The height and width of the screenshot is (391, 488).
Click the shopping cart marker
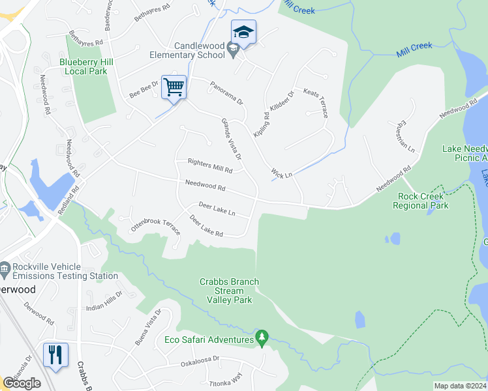(x=174, y=87)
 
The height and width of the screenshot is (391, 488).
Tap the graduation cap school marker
(x=243, y=32)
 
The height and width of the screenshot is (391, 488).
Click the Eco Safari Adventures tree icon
(x=262, y=336)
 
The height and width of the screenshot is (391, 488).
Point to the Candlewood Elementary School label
(x=198, y=50)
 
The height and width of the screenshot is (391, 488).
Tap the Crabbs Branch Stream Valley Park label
(x=229, y=291)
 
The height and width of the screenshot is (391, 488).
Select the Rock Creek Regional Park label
(x=420, y=201)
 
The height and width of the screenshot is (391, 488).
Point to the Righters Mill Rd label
(x=209, y=166)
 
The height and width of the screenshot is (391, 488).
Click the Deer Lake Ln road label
(x=216, y=209)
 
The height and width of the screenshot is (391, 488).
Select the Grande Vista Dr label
(x=231, y=139)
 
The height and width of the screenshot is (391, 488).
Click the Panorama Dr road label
(x=226, y=93)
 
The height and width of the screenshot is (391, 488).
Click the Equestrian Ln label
(x=404, y=137)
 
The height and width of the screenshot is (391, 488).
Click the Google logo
(x=22, y=383)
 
